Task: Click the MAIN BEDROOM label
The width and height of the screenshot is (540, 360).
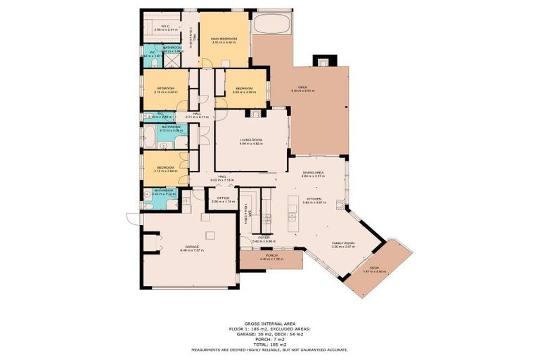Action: click(224, 39)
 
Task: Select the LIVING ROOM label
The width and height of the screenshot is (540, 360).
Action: click(251, 141)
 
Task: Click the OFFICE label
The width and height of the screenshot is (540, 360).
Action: click(224, 199)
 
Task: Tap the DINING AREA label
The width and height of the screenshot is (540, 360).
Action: click(312, 174)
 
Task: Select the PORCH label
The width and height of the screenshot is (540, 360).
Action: click(271, 257)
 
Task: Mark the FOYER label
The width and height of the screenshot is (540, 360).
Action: click(264, 239)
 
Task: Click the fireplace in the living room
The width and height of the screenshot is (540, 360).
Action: click(254, 112)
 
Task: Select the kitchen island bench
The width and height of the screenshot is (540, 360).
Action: click(292, 224)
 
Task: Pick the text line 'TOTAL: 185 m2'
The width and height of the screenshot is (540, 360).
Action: click(270, 344)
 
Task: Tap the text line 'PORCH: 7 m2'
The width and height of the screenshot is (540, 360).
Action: click(270, 339)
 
